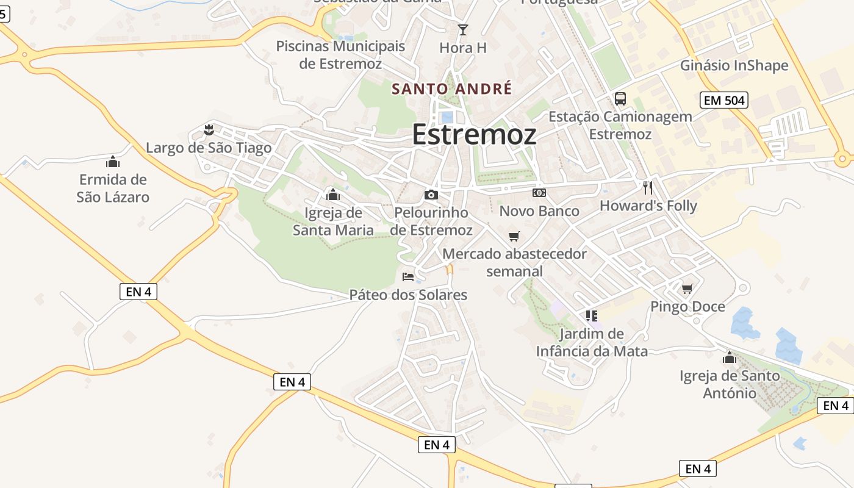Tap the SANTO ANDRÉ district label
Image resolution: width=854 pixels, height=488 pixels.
(451, 88)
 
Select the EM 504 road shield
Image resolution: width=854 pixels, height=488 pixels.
(724, 100)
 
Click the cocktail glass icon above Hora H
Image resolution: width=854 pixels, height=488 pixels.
(463, 29)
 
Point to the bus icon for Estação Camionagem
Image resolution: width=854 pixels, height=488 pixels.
(620, 98)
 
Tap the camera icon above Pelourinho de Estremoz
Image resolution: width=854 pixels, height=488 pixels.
(431, 195)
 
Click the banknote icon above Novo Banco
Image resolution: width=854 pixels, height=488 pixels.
(539, 193)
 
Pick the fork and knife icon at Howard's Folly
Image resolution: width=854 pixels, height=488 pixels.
(648, 187)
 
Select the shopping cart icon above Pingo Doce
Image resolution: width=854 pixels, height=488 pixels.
(687, 288)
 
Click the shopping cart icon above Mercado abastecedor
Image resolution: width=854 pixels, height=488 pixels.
(514, 235)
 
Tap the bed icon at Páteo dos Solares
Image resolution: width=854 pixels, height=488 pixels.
(408, 276)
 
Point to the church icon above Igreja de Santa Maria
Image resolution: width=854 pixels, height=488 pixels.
(333, 195)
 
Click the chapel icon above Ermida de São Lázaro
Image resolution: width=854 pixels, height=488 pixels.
(113, 162)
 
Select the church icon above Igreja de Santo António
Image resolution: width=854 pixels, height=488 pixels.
(730, 357)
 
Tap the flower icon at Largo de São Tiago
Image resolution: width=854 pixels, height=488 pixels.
(209, 129)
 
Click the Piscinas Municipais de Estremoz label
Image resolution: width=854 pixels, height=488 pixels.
(340, 55)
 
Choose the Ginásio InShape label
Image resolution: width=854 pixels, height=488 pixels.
(734, 65)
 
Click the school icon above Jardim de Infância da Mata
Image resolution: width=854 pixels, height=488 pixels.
(591, 315)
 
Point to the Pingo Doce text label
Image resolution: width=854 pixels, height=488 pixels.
(687, 306)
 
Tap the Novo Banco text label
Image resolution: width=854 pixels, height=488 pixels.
(539, 211)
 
